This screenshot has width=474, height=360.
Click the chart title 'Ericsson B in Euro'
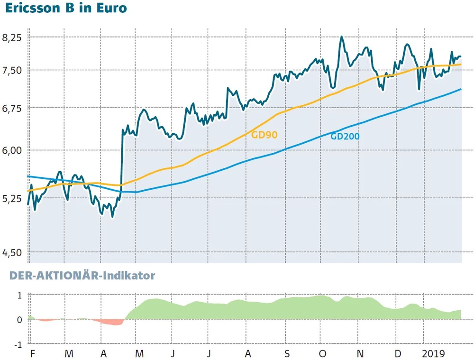tap(66, 9)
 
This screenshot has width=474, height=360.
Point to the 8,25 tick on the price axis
tap(13, 37)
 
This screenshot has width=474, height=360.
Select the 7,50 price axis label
tap(13, 70)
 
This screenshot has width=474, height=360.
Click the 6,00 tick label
tap(13, 150)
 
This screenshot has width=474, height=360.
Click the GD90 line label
tap(264, 135)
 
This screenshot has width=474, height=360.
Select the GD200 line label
tap(345, 137)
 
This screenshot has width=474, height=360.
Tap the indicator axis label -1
tap(18, 345)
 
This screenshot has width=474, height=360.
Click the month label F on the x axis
tap(32, 354)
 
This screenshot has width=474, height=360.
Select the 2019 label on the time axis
tap(434, 354)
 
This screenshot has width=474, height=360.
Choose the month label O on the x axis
tap(323, 354)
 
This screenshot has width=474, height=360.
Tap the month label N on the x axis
tap(360, 354)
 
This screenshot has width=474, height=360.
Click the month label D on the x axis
tap(398, 354)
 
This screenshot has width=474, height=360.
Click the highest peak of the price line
tap(341, 37)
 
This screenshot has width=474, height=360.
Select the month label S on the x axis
tap(287, 354)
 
